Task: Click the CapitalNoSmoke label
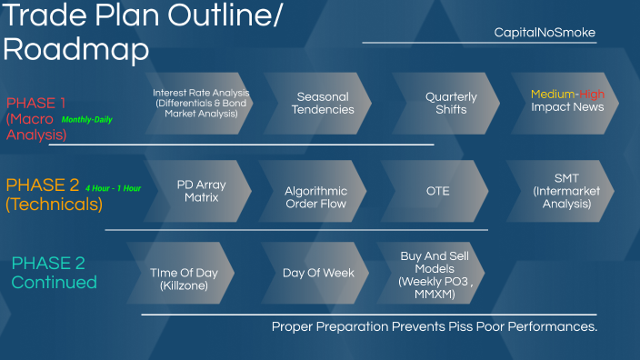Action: click(x=545, y=33)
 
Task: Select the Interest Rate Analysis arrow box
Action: click(x=201, y=104)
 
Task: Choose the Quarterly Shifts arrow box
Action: click(x=445, y=104)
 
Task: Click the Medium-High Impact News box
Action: click(x=568, y=101)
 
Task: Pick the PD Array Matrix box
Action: click(x=201, y=191)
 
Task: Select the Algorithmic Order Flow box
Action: click(x=315, y=197)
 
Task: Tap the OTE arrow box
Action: click(x=437, y=191)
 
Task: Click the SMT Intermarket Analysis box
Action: click(x=561, y=191)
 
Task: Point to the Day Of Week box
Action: click(x=312, y=273)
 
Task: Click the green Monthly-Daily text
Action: click(x=87, y=120)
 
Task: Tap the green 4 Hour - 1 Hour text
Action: click(x=114, y=188)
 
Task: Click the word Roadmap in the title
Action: click(x=75, y=50)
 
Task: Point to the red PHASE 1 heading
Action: click(x=36, y=103)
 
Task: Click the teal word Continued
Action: click(x=54, y=283)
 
